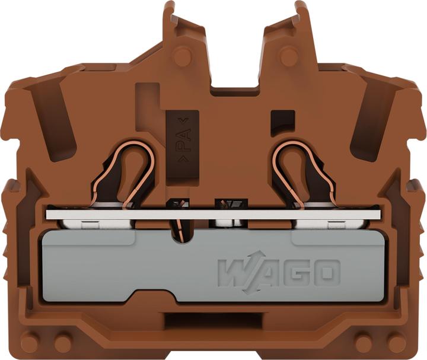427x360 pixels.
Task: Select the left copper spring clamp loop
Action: click(123, 174)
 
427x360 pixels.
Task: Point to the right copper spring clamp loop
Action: click(304, 174)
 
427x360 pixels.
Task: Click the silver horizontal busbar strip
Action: click(213, 215)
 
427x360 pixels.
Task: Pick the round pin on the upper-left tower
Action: click(182, 56)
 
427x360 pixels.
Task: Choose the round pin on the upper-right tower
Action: click(289, 56)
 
